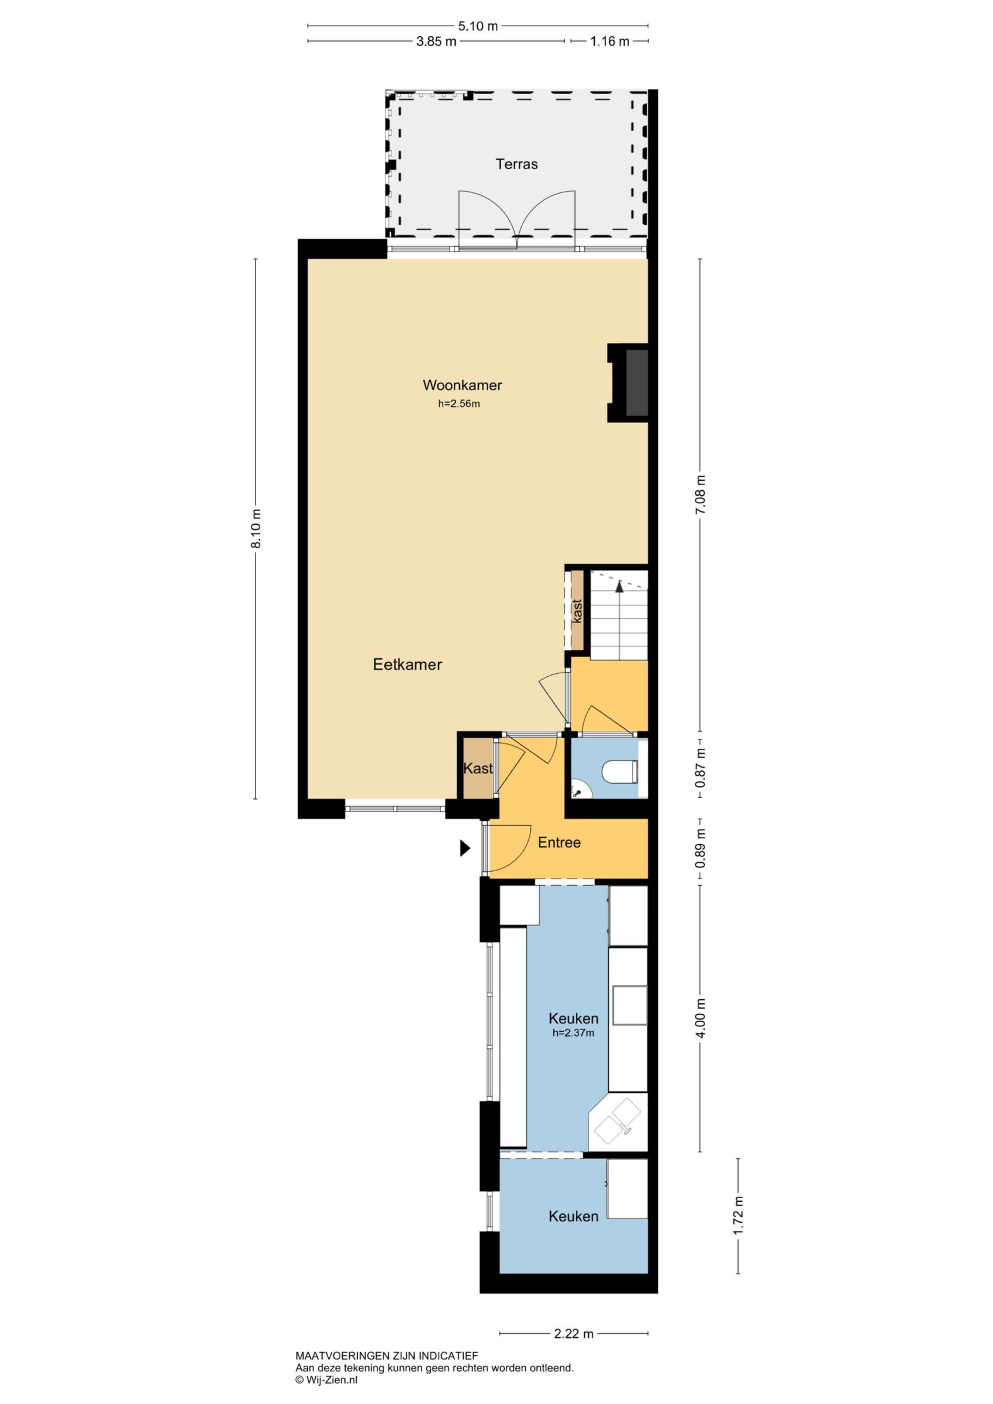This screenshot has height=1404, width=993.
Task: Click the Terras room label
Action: [x=517, y=164]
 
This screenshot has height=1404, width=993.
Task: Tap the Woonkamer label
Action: [x=462, y=386]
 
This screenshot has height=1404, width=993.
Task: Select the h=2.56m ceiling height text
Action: [x=459, y=404]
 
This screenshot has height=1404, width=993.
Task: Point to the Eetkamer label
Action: [x=407, y=665]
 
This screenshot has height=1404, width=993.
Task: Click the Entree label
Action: [x=559, y=842]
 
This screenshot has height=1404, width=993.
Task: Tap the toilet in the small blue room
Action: [x=620, y=771]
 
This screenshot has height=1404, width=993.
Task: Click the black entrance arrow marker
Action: [x=466, y=848]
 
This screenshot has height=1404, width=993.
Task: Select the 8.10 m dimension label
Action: [x=257, y=528]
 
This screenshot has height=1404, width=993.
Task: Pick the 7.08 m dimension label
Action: [x=701, y=494]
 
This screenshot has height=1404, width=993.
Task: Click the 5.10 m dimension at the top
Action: [x=478, y=26]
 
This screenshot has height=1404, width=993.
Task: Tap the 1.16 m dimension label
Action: [x=609, y=42]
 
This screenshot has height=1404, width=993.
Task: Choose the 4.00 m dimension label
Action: [x=701, y=1018]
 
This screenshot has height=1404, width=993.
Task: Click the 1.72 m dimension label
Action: [x=739, y=1216]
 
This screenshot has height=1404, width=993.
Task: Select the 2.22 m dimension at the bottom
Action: [x=574, y=1334]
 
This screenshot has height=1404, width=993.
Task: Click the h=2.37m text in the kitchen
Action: [x=573, y=1033]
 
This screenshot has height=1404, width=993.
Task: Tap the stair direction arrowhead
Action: [x=619, y=586]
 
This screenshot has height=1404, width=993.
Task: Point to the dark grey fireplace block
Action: [x=637, y=383]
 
